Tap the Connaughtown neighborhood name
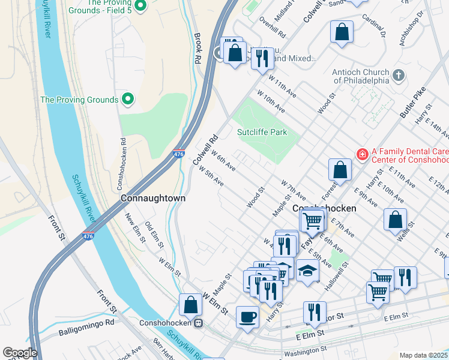tap(152, 197)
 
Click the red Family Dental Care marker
tap(362, 155)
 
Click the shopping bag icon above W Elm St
tap(190, 304)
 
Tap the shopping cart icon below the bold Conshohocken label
tap(312, 221)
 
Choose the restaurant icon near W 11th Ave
tap(262, 58)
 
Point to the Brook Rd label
tap(197, 49)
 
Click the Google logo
tap(19, 353)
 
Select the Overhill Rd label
tap(271, 26)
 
